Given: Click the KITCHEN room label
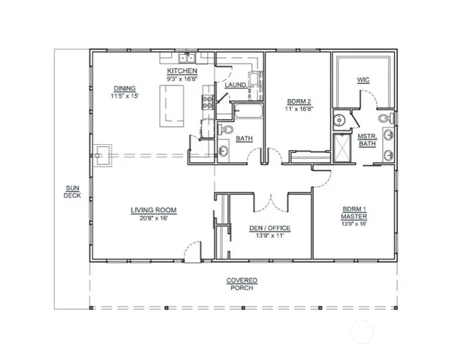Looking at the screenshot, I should pyautogui.click(x=182, y=70).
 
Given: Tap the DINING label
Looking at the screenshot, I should pyautogui.click(x=124, y=88).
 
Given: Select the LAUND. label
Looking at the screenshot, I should pyautogui.click(x=236, y=85).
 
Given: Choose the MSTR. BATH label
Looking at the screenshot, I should pyautogui.click(x=366, y=139).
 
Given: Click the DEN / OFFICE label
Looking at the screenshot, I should pyautogui.click(x=269, y=227).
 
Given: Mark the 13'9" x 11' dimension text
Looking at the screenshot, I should pyautogui.click(x=269, y=235).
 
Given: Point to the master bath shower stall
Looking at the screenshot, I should pyautogui.click(x=341, y=148).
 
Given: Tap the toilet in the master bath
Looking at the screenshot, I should pyautogui.click(x=384, y=118).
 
